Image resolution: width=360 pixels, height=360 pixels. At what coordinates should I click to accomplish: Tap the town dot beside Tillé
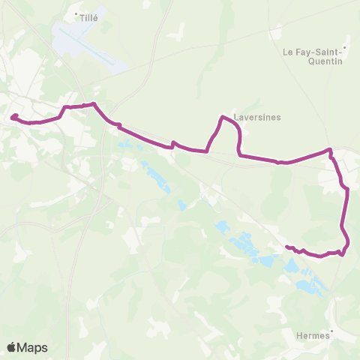(x=76, y=13)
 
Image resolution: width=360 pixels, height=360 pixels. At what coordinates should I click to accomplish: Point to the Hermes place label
(x=313, y=337)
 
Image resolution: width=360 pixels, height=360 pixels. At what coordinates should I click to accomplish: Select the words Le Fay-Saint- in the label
(x=311, y=52)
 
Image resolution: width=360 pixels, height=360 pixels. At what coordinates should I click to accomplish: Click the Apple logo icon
(x=12, y=347)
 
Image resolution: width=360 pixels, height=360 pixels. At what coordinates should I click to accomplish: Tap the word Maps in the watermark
(x=33, y=347)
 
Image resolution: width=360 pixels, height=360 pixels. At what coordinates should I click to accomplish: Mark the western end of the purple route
(x=13, y=116)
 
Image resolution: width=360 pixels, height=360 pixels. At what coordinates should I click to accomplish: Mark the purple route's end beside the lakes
(x=286, y=246)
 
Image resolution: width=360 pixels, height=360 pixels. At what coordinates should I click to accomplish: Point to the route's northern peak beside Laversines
(x=222, y=116)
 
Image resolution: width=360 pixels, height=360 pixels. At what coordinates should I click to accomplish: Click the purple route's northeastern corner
(x=329, y=150)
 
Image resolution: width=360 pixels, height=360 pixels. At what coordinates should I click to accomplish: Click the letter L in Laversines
(x=235, y=117)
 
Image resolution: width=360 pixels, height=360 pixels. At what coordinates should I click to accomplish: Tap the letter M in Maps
(x=23, y=347)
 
